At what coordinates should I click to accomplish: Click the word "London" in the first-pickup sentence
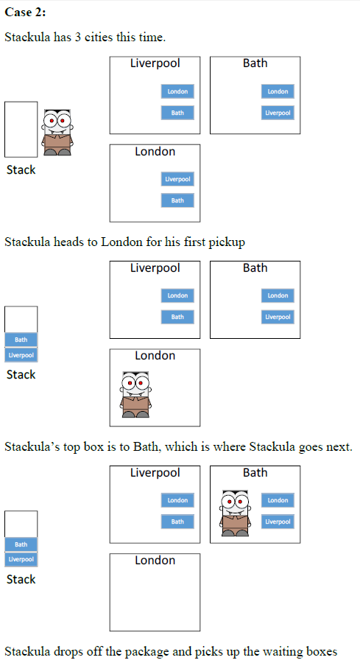[121, 242]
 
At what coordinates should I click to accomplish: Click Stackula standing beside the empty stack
[56, 133]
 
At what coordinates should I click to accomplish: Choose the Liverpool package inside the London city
[177, 179]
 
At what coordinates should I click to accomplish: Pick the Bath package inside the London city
[177, 200]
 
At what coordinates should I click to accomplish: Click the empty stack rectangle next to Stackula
[21, 130]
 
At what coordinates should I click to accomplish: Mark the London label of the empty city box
[155, 561]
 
